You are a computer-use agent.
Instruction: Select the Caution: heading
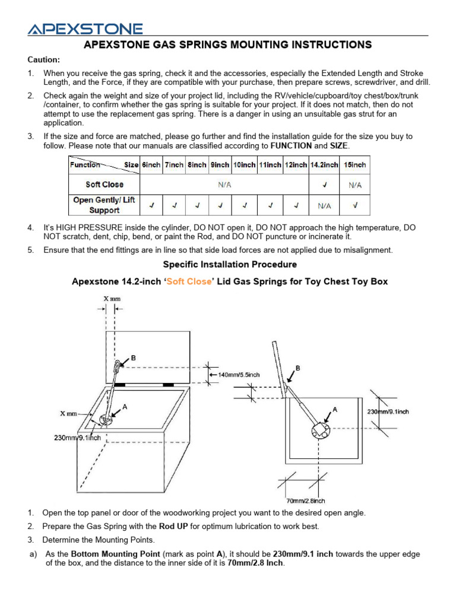tap(43, 60)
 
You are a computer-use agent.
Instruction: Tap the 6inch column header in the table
tap(151, 165)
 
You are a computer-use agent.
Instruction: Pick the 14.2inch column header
tap(324, 165)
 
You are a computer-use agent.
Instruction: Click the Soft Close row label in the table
tap(104, 185)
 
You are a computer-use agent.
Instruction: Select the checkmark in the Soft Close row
tap(324, 185)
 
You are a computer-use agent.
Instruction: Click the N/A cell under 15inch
tap(354, 185)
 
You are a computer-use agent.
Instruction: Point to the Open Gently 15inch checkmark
tap(354, 205)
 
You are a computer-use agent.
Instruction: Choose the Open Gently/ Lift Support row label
tap(104, 205)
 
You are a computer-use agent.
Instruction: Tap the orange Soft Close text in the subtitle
tap(189, 281)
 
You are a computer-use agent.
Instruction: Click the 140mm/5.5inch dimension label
tap(239, 375)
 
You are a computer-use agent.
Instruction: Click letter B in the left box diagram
tap(134, 357)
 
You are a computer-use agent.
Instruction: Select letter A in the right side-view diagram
tap(335, 410)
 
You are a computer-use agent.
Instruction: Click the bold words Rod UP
tap(173, 526)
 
